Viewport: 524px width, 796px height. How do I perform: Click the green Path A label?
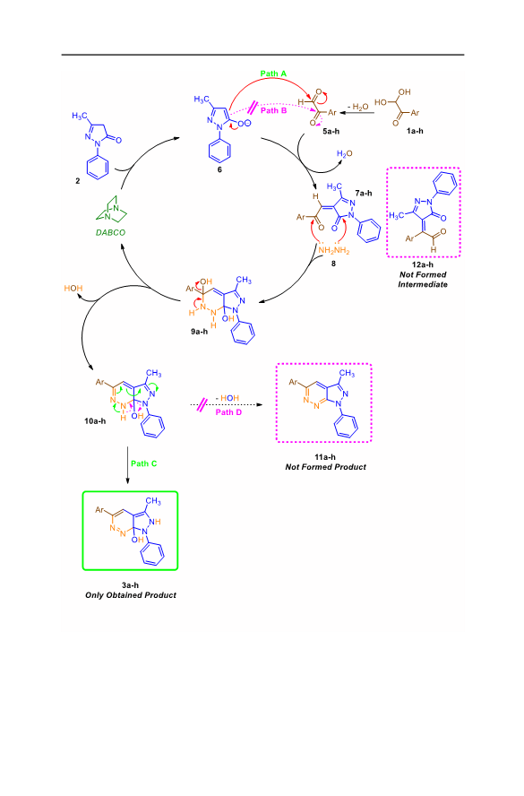click(x=273, y=74)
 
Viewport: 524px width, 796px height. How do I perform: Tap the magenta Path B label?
click(x=273, y=110)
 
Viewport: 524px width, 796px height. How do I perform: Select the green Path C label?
click(x=144, y=463)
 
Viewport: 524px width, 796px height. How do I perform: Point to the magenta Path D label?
click(x=228, y=412)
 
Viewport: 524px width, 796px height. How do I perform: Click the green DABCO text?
click(x=110, y=232)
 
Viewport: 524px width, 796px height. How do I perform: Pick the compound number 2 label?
click(x=78, y=181)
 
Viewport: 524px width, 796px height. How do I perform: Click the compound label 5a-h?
click(x=331, y=131)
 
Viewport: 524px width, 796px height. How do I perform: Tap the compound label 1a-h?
click(x=415, y=131)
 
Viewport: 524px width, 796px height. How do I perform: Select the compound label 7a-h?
click(x=364, y=193)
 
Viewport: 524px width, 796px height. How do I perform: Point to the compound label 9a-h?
click(x=200, y=332)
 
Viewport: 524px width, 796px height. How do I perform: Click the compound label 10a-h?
click(x=95, y=420)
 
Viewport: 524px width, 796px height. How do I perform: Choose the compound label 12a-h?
click(x=423, y=264)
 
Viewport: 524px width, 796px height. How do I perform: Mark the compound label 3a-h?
click(x=131, y=585)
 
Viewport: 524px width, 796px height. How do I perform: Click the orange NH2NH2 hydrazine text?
click(x=334, y=250)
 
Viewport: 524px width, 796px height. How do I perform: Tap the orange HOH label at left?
click(x=73, y=289)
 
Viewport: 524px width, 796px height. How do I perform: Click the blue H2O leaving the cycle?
click(x=345, y=154)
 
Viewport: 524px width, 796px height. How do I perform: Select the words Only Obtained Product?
click(x=131, y=595)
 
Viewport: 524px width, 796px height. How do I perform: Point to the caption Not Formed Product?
click(x=326, y=467)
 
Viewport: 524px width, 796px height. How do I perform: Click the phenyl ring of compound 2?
click(x=98, y=167)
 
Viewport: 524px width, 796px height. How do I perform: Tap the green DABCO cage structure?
click(x=111, y=209)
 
